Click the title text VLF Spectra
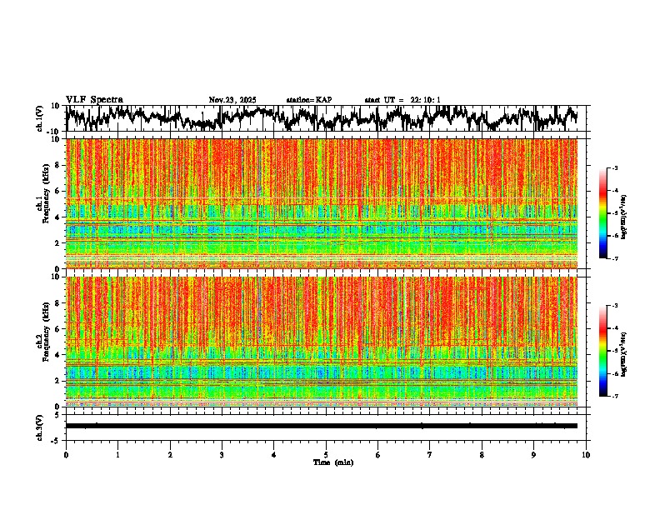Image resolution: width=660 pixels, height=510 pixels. (94, 100)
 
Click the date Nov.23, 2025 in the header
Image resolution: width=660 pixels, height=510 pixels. (232, 100)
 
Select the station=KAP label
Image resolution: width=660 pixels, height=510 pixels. (308, 100)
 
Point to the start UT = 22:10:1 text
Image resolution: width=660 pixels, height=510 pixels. (402, 100)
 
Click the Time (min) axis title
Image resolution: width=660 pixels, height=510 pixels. (332, 462)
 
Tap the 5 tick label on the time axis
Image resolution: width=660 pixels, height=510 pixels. (326, 455)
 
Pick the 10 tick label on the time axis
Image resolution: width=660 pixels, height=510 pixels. (586, 455)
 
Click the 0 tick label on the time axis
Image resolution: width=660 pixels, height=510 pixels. (66, 455)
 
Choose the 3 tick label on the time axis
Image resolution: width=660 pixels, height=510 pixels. (222, 455)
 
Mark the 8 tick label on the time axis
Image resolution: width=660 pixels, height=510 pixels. (482, 455)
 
